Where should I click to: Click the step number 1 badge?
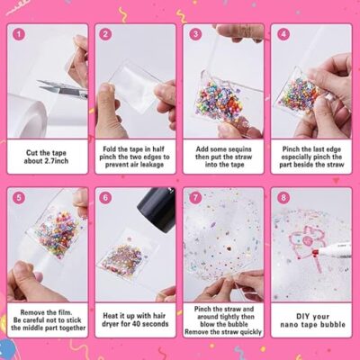click(19, 34)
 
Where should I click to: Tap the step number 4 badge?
click(283, 34)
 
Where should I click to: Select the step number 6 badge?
click(105, 198)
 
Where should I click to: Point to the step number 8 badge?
click(283, 198)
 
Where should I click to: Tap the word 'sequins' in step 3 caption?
click(239, 149)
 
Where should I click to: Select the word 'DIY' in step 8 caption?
click(303, 317)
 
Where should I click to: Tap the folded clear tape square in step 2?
click(134, 87)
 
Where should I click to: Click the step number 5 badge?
click(19, 198)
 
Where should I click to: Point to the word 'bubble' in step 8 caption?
click(333, 325)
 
